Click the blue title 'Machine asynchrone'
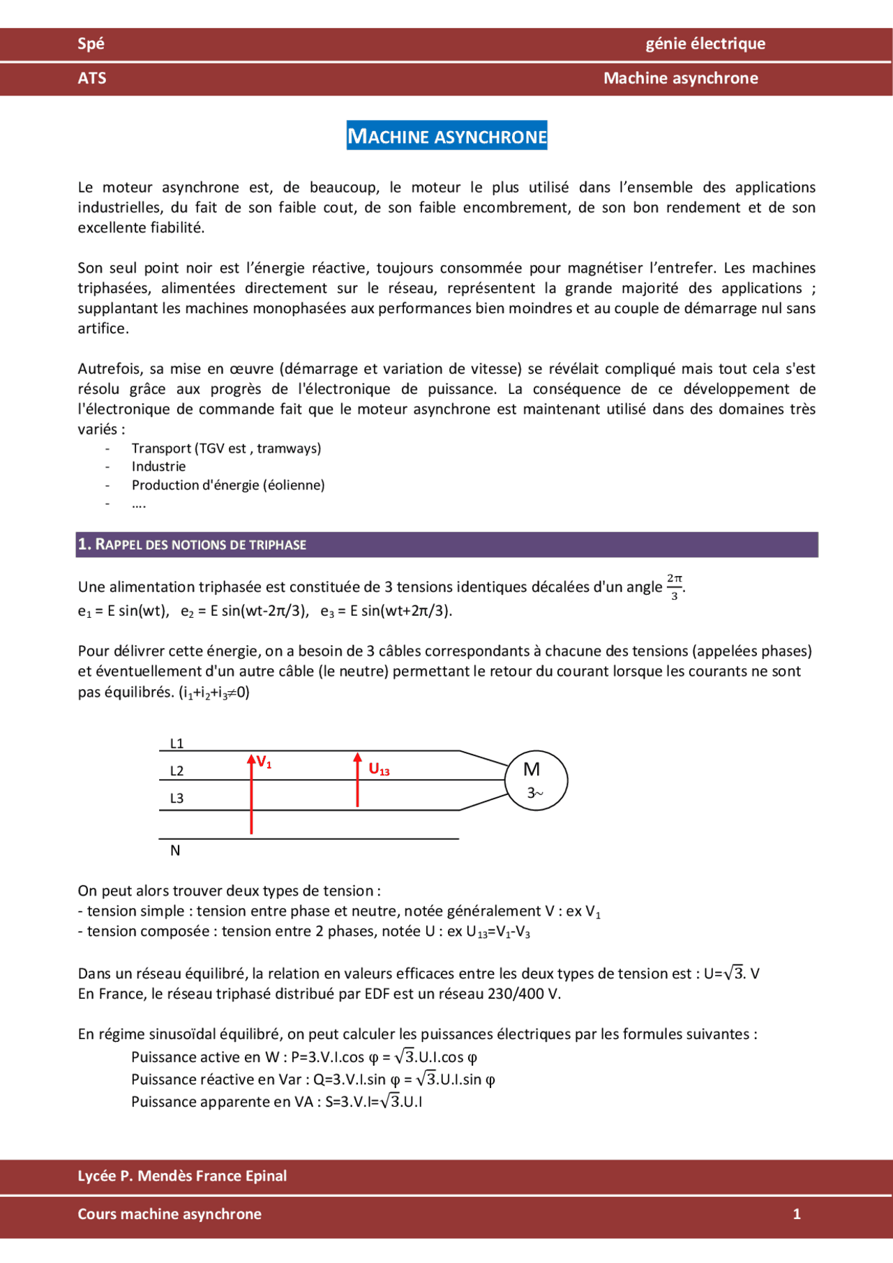coord(446,136)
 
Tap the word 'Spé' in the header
coord(91,44)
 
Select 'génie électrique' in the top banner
coord(705,44)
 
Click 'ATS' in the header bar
coord(92,78)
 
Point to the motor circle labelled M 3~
coord(535,780)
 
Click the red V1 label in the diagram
coord(264,762)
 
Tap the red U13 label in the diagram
coord(379,769)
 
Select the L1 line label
coord(177,743)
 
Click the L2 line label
coord(177,771)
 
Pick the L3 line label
coord(177,799)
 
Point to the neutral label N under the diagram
coord(175,850)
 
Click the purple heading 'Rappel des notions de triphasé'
coord(193,545)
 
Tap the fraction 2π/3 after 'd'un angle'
coord(674,587)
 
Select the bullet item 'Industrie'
coord(158,467)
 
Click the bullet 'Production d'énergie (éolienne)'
coord(228,485)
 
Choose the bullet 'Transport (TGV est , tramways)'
coord(226,448)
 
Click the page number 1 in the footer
coord(797,1214)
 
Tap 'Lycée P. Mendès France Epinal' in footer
coord(182,1176)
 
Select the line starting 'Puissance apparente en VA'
coord(277,1102)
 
